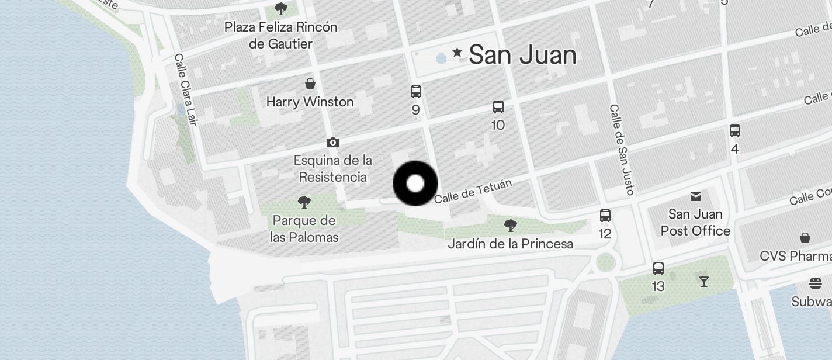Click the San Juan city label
pos(522,55)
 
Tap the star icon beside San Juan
pos(457,53)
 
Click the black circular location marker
pos(415,184)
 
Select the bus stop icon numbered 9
pos(416,92)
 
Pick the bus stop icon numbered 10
pos(498,107)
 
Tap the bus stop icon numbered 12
pos(605,216)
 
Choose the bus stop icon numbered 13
pos(658,268)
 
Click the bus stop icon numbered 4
pos(735,131)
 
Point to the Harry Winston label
pos(310,102)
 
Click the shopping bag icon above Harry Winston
pos(310,84)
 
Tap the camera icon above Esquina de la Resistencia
pos(333,142)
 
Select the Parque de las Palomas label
pos(304,229)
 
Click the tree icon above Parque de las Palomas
pos(304,202)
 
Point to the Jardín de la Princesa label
pos(510,244)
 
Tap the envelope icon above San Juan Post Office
pos(696,196)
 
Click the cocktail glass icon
pos(704,281)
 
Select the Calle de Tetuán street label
pos(473,192)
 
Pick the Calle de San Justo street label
pos(622,149)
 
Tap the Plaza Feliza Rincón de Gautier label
pos(281,35)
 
